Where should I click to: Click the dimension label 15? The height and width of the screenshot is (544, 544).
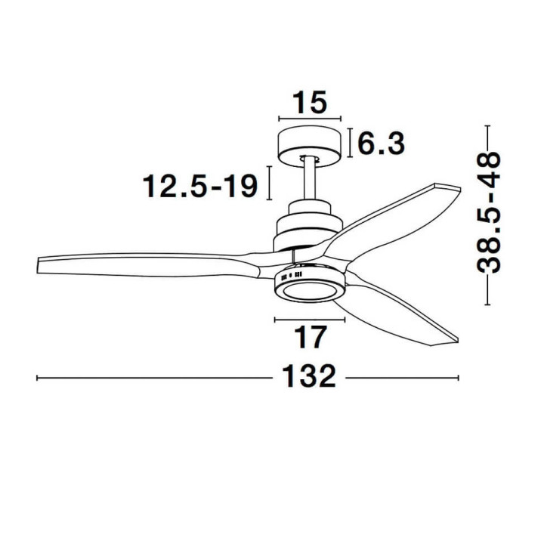pyautogui.click(x=310, y=103)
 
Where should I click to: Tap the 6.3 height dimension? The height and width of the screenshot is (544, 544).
pyautogui.click(x=381, y=144)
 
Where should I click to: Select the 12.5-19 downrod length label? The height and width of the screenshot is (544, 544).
pyautogui.click(x=200, y=187)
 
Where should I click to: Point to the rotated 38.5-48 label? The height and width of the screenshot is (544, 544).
pyautogui.click(x=489, y=212)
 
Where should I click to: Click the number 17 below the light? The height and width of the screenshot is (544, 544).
pyautogui.click(x=310, y=337)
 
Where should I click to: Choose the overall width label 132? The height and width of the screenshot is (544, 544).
pyautogui.click(x=310, y=376)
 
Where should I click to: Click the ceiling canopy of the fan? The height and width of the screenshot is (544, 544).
pyautogui.click(x=310, y=146)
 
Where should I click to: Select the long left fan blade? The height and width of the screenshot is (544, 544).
pyautogui.click(x=146, y=265)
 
